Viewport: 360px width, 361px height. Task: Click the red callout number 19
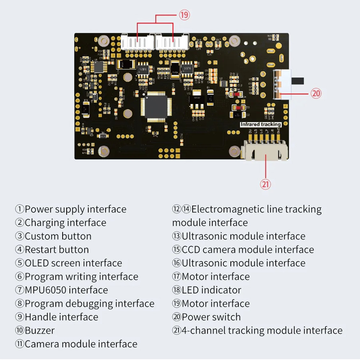click(184, 15)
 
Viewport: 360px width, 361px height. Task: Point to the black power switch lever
click(299, 80)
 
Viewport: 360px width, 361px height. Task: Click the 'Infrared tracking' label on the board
click(261, 125)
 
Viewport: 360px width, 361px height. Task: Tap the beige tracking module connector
click(265, 149)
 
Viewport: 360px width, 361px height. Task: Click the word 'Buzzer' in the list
click(40, 330)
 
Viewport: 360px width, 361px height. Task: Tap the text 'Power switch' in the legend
click(211, 317)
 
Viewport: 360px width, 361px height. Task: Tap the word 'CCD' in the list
click(191, 250)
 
